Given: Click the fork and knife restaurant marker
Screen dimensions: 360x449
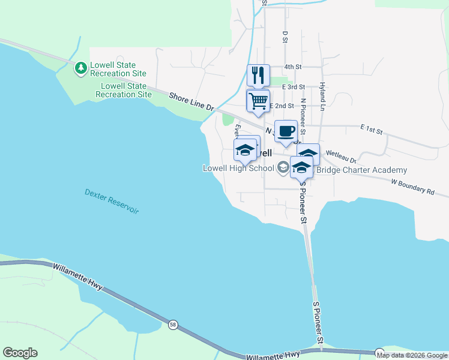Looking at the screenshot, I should point(258,75).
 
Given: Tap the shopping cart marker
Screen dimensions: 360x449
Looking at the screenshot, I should point(258,101).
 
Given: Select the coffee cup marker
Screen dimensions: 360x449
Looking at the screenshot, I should point(286,131).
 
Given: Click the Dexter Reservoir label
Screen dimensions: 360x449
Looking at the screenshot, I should point(112,202).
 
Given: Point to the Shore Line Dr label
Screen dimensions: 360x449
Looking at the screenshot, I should point(191,101).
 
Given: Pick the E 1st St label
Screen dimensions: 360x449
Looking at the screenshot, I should point(372,128).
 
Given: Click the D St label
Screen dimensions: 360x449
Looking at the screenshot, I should point(285,37).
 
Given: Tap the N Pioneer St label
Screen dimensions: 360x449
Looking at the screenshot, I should point(303,116).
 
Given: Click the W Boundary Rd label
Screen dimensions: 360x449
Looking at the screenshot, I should point(412,186).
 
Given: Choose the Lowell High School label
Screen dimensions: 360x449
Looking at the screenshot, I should point(238,169).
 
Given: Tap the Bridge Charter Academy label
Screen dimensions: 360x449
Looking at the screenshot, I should point(361,170).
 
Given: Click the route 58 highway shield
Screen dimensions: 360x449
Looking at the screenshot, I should point(173,325).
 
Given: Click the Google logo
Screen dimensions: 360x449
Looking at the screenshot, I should point(20,353).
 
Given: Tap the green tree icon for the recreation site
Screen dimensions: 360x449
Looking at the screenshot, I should point(80,68).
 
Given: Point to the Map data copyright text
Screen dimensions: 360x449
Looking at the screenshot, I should point(412,355).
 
